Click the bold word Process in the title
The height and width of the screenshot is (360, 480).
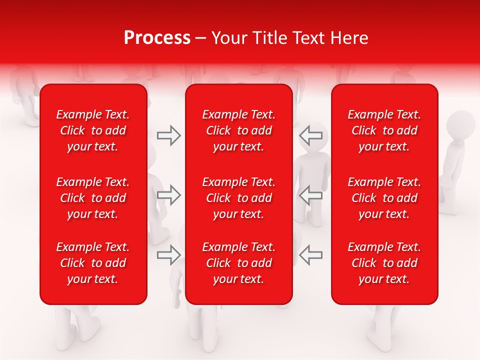pos(157,38)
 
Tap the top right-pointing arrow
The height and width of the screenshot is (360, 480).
pos(169,135)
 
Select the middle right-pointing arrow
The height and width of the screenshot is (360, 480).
pos(169,195)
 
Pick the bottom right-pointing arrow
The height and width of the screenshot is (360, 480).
pos(169,255)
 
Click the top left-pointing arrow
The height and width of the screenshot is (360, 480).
pos(310,135)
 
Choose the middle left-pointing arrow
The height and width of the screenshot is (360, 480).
pos(310,195)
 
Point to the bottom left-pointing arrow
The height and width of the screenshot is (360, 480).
pos(310,255)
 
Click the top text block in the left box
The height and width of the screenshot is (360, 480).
pos(93,130)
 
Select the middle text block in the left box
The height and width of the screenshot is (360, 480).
pos(93,198)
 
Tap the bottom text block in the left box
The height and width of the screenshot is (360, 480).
pos(93,263)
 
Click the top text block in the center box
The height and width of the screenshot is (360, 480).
pos(239,130)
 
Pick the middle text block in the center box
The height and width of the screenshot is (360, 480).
pos(239,198)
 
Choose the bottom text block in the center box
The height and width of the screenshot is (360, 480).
pos(239,263)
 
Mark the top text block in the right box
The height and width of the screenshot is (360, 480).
pos(384,130)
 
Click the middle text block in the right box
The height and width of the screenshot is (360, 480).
pos(384,198)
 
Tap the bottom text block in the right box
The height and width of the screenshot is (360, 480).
pos(384,263)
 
